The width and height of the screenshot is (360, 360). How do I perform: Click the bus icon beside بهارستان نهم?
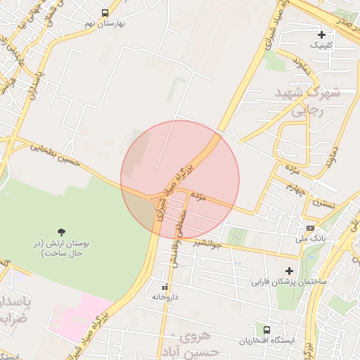click(x=105, y=13)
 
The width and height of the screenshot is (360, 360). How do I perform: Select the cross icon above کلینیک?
click(x=321, y=34)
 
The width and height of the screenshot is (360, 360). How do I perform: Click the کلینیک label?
click(x=321, y=44)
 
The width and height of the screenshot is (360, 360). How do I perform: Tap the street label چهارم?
click(x=295, y=187)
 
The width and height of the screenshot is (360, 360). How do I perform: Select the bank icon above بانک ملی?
click(x=310, y=228)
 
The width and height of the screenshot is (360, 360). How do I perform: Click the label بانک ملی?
click(x=310, y=238)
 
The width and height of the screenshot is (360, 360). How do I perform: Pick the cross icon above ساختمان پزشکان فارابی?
click(x=289, y=271)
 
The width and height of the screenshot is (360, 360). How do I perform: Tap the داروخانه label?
click(x=166, y=297)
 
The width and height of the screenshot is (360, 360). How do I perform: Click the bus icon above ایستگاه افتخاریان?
click(x=266, y=329)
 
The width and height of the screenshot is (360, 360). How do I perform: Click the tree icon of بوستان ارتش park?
click(x=62, y=231)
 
